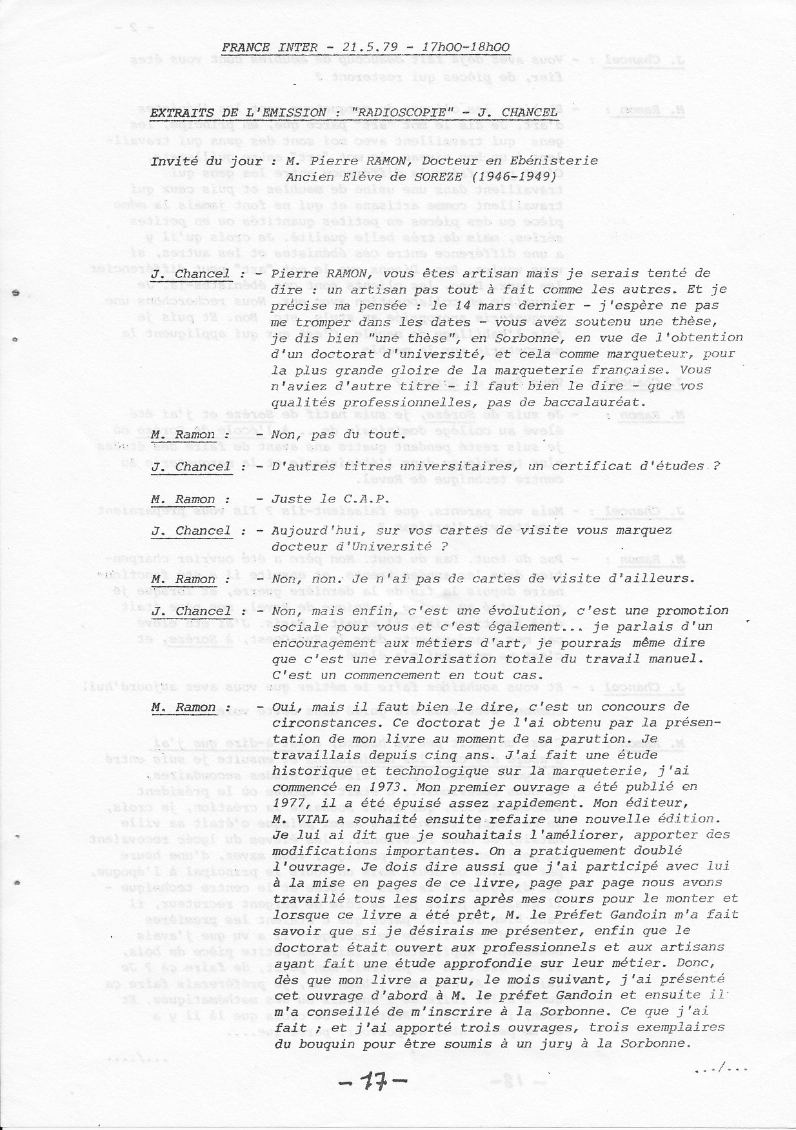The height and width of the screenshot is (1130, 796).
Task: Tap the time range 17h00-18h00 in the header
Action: (x=465, y=48)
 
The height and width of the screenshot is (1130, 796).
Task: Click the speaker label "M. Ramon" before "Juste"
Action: (x=183, y=499)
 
